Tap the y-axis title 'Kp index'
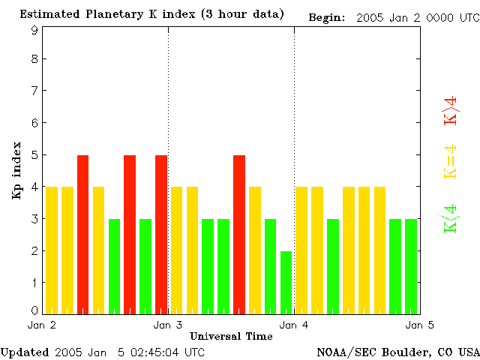[x=16, y=170]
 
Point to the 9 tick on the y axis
[x=34, y=30]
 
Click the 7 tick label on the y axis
[x=34, y=91]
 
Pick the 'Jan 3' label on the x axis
[x=167, y=325]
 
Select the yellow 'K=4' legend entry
[x=451, y=161]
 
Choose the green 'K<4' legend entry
[x=451, y=219]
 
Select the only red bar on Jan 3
[x=239, y=234]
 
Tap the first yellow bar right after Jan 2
[x=52, y=250]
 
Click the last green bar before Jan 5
[x=411, y=266]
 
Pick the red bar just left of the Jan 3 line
[x=160, y=234]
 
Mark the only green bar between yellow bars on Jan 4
[x=333, y=266]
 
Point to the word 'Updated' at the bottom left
[x=25, y=352]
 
